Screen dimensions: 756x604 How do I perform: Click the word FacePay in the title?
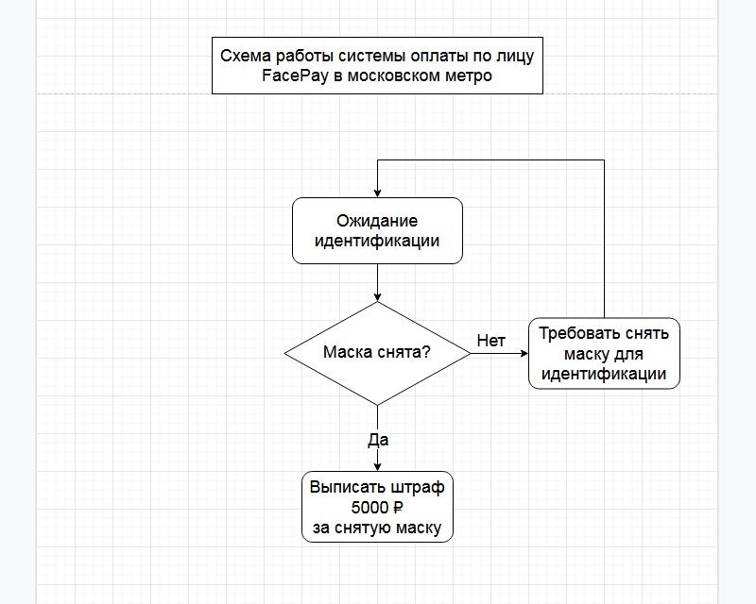[295, 76]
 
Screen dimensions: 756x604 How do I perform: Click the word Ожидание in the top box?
[377, 221]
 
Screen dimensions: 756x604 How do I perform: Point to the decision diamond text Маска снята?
[376, 352]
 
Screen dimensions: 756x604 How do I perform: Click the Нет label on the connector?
[490, 341]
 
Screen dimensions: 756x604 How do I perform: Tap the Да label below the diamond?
[378, 440]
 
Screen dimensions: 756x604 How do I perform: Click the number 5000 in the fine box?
[369, 507]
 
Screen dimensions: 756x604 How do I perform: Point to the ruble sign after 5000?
[398, 507]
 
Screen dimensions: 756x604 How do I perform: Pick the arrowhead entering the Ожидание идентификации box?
[377, 193]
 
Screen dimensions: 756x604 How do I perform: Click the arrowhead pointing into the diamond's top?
[377, 297]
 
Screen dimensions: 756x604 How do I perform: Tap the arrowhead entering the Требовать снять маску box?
[524, 353]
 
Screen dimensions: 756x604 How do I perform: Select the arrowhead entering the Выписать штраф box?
[377, 467]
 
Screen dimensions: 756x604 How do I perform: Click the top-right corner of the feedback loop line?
[604, 159]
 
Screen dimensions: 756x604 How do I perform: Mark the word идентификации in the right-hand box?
[604, 374]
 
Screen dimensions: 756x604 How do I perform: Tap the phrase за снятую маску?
[377, 528]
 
